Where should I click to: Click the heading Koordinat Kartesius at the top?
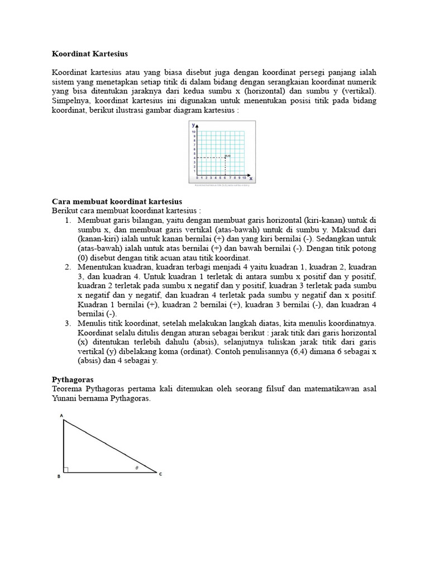pyautogui.click(x=90, y=54)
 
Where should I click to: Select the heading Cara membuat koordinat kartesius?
pyautogui.click(x=117, y=201)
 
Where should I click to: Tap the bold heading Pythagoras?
pyautogui.click(x=73, y=379)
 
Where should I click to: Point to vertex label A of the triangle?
pyautogui.click(x=61, y=416)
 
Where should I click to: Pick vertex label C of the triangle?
pyautogui.click(x=161, y=475)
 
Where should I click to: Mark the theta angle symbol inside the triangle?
pyautogui.click(x=137, y=468)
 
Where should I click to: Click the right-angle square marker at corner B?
pyautogui.click(x=66, y=470)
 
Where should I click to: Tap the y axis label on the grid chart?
pyautogui.click(x=193, y=127)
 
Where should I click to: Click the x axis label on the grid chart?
pyautogui.click(x=251, y=178)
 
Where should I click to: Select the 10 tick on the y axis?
pyautogui.click(x=193, y=132)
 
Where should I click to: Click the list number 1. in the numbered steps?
pyautogui.click(x=68, y=221)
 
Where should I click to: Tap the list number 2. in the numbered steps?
pyautogui.click(x=68, y=267)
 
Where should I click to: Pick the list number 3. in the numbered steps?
pyautogui.click(x=68, y=323)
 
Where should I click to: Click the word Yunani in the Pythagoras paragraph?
pyautogui.click(x=65, y=399)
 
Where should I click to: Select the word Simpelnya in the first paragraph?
pyautogui.click(x=71, y=101)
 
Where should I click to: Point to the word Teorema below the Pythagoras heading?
pyautogui.click(x=69, y=389)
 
